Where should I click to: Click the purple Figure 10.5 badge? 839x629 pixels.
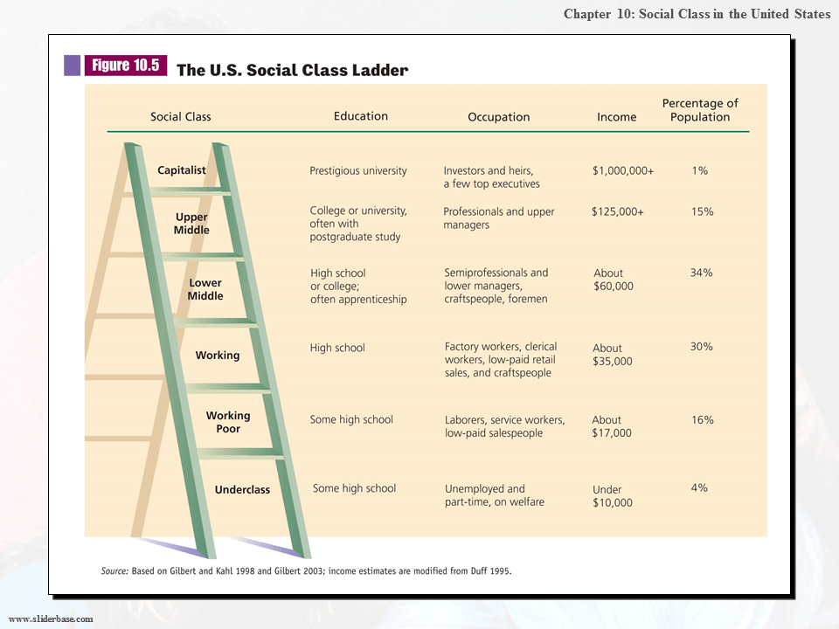click(x=125, y=66)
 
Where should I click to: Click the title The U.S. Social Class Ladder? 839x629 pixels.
click(x=292, y=71)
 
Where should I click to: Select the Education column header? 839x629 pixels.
click(x=360, y=115)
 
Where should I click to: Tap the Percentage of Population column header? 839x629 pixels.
click(x=700, y=110)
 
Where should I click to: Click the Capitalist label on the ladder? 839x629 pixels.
click(x=182, y=170)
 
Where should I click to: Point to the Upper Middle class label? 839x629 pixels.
click(x=191, y=224)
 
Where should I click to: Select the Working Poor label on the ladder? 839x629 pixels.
click(x=228, y=422)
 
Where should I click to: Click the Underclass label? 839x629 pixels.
click(x=242, y=490)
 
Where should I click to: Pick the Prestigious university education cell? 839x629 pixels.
click(x=358, y=171)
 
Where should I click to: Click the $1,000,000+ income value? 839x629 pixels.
click(x=622, y=171)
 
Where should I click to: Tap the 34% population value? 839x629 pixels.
click(x=701, y=273)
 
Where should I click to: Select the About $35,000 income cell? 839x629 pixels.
click(x=613, y=355)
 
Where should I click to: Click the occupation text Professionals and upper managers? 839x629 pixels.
click(x=498, y=218)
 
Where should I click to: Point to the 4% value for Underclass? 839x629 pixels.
click(x=699, y=488)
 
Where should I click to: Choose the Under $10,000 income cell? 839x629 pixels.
click(x=613, y=496)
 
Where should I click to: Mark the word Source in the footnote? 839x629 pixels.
click(x=114, y=571)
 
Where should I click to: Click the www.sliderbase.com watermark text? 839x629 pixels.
click(x=51, y=619)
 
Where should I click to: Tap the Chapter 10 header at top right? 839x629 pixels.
click(x=697, y=14)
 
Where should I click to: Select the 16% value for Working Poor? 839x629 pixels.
click(x=702, y=420)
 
